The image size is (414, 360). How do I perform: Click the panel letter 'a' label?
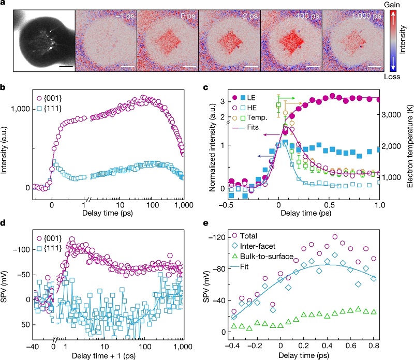(x=4, y=5)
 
